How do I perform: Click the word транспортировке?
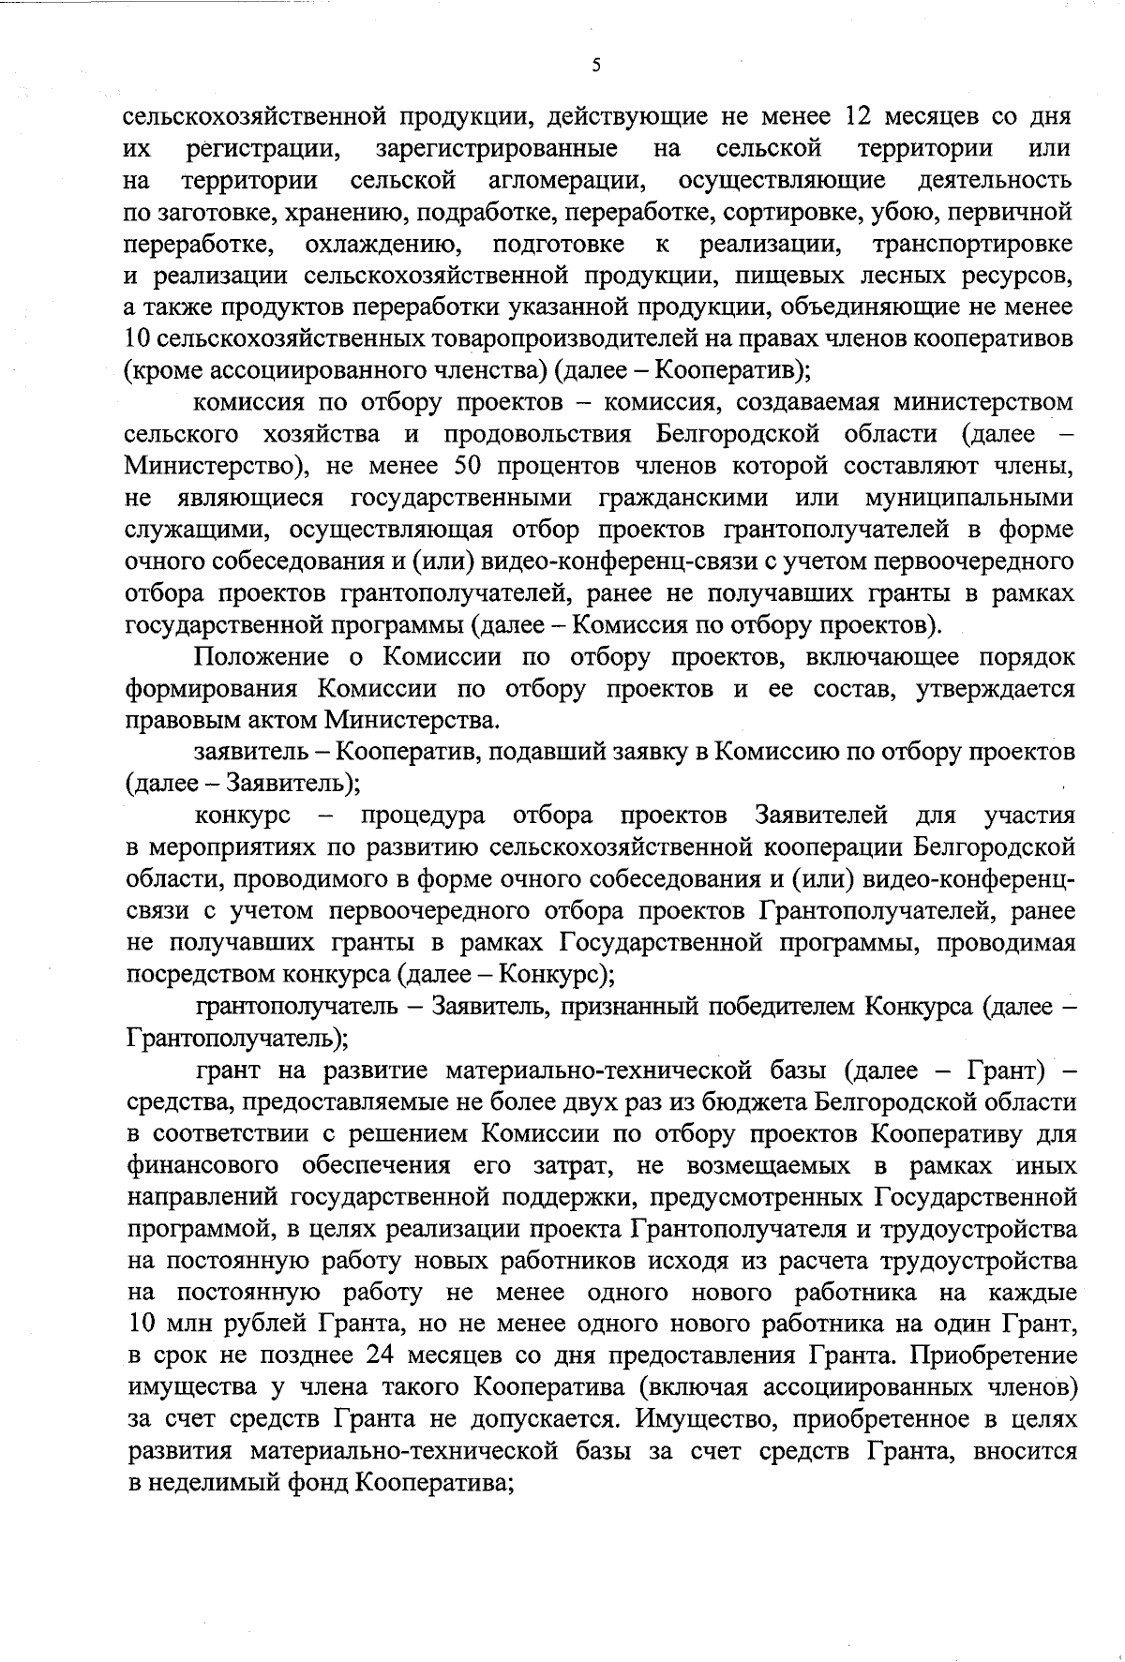tap(972, 244)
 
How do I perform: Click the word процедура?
tap(423, 815)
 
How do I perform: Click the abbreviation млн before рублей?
tap(185, 1325)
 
